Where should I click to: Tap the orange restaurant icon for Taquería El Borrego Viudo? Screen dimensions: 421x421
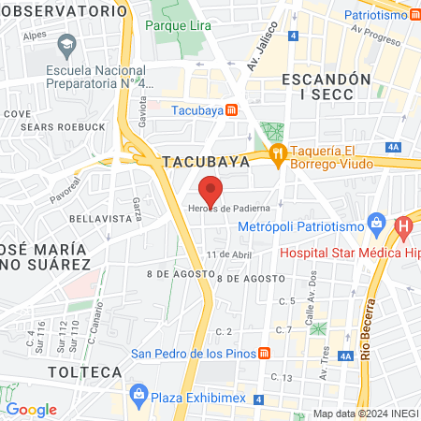pos(276,154)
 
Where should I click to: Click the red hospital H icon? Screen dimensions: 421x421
pos(403,226)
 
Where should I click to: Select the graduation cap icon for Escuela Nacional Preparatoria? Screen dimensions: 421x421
pos(66,45)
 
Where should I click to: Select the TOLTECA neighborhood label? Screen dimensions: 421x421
pos(85,371)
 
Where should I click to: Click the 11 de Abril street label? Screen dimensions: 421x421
pos(230,254)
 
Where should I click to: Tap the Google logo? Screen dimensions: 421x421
pos(31,409)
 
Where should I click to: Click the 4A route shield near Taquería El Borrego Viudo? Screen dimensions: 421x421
pos(393,147)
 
